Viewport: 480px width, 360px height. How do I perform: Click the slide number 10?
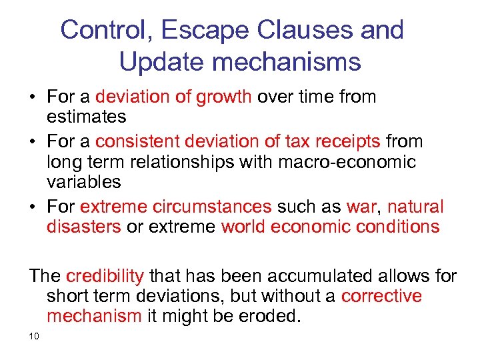pyautogui.click(x=35, y=335)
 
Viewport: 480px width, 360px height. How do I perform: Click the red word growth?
pyautogui.click(x=223, y=97)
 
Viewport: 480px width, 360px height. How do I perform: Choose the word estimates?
pyautogui.click(x=86, y=117)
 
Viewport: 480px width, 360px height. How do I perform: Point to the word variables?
pyautogui.click(x=83, y=181)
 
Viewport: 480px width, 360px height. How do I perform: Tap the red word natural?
pyautogui.click(x=415, y=207)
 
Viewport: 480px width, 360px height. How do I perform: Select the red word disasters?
pyautogui.click(x=83, y=227)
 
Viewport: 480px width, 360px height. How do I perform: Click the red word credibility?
pyautogui.click(x=105, y=276)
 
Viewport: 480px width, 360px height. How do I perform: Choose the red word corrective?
pyautogui.click(x=381, y=295)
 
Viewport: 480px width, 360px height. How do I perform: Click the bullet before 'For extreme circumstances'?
pyautogui.click(x=33, y=207)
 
